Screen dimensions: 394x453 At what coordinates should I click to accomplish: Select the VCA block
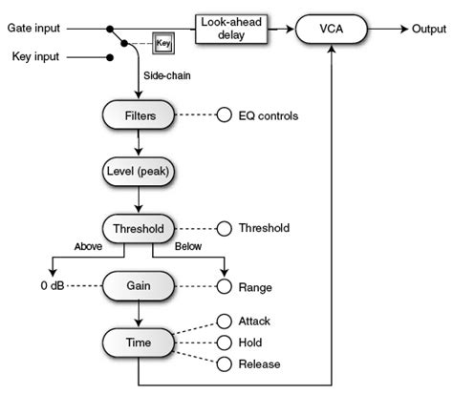click(331, 30)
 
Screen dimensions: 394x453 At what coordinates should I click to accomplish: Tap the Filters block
click(140, 116)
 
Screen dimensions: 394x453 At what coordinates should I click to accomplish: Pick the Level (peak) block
click(140, 174)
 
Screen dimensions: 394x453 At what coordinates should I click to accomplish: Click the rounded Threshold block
click(140, 229)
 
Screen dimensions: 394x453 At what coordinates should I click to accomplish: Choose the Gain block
click(140, 285)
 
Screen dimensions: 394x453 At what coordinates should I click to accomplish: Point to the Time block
click(140, 341)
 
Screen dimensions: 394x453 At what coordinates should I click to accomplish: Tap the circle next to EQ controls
click(225, 116)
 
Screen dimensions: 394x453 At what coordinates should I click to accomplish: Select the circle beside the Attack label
click(225, 321)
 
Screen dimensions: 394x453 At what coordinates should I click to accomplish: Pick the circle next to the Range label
click(225, 285)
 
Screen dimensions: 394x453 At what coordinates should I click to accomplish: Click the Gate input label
click(35, 28)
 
